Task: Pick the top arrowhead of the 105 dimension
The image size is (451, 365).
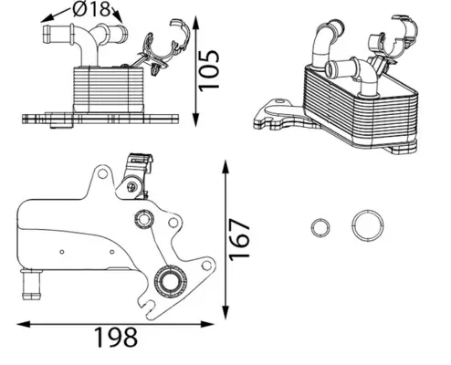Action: pyautogui.click(x=199, y=19)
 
